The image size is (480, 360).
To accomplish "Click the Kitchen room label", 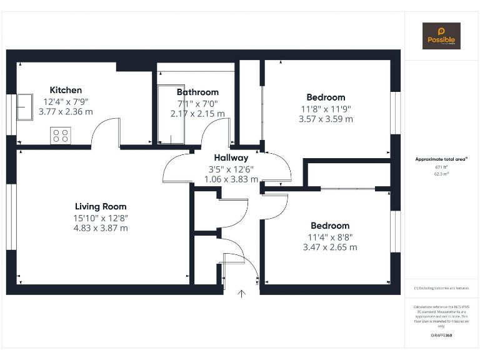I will click(x=66, y=90).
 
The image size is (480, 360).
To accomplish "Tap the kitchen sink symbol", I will click(x=24, y=106).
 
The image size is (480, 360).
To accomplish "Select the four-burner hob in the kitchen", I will click(x=61, y=135).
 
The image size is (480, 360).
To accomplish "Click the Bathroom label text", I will click(x=197, y=92).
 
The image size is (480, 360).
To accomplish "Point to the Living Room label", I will click(x=101, y=206).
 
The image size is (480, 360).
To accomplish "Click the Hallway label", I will click(x=231, y=158).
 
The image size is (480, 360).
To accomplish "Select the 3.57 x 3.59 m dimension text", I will click(x=326, y=119).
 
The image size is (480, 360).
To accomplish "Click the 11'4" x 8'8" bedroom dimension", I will click(x=330, y=237).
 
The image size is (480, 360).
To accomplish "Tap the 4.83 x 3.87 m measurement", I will click(x=101, y=228).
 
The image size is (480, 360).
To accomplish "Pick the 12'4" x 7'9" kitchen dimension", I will click(x=66, y=101).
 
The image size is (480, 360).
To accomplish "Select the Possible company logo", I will click(x=441, y=36).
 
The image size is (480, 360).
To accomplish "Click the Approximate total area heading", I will click(x=441, y=159).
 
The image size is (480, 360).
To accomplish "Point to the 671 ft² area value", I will click(x=441, y=167).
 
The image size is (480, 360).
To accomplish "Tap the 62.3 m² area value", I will click(x=441, y=174).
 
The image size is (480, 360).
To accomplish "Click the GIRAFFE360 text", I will click(x=441, y=336).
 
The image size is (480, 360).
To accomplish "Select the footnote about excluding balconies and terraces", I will click(x=441, y=288).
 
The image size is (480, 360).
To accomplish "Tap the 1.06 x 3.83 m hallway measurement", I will click(x=231, y=179).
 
